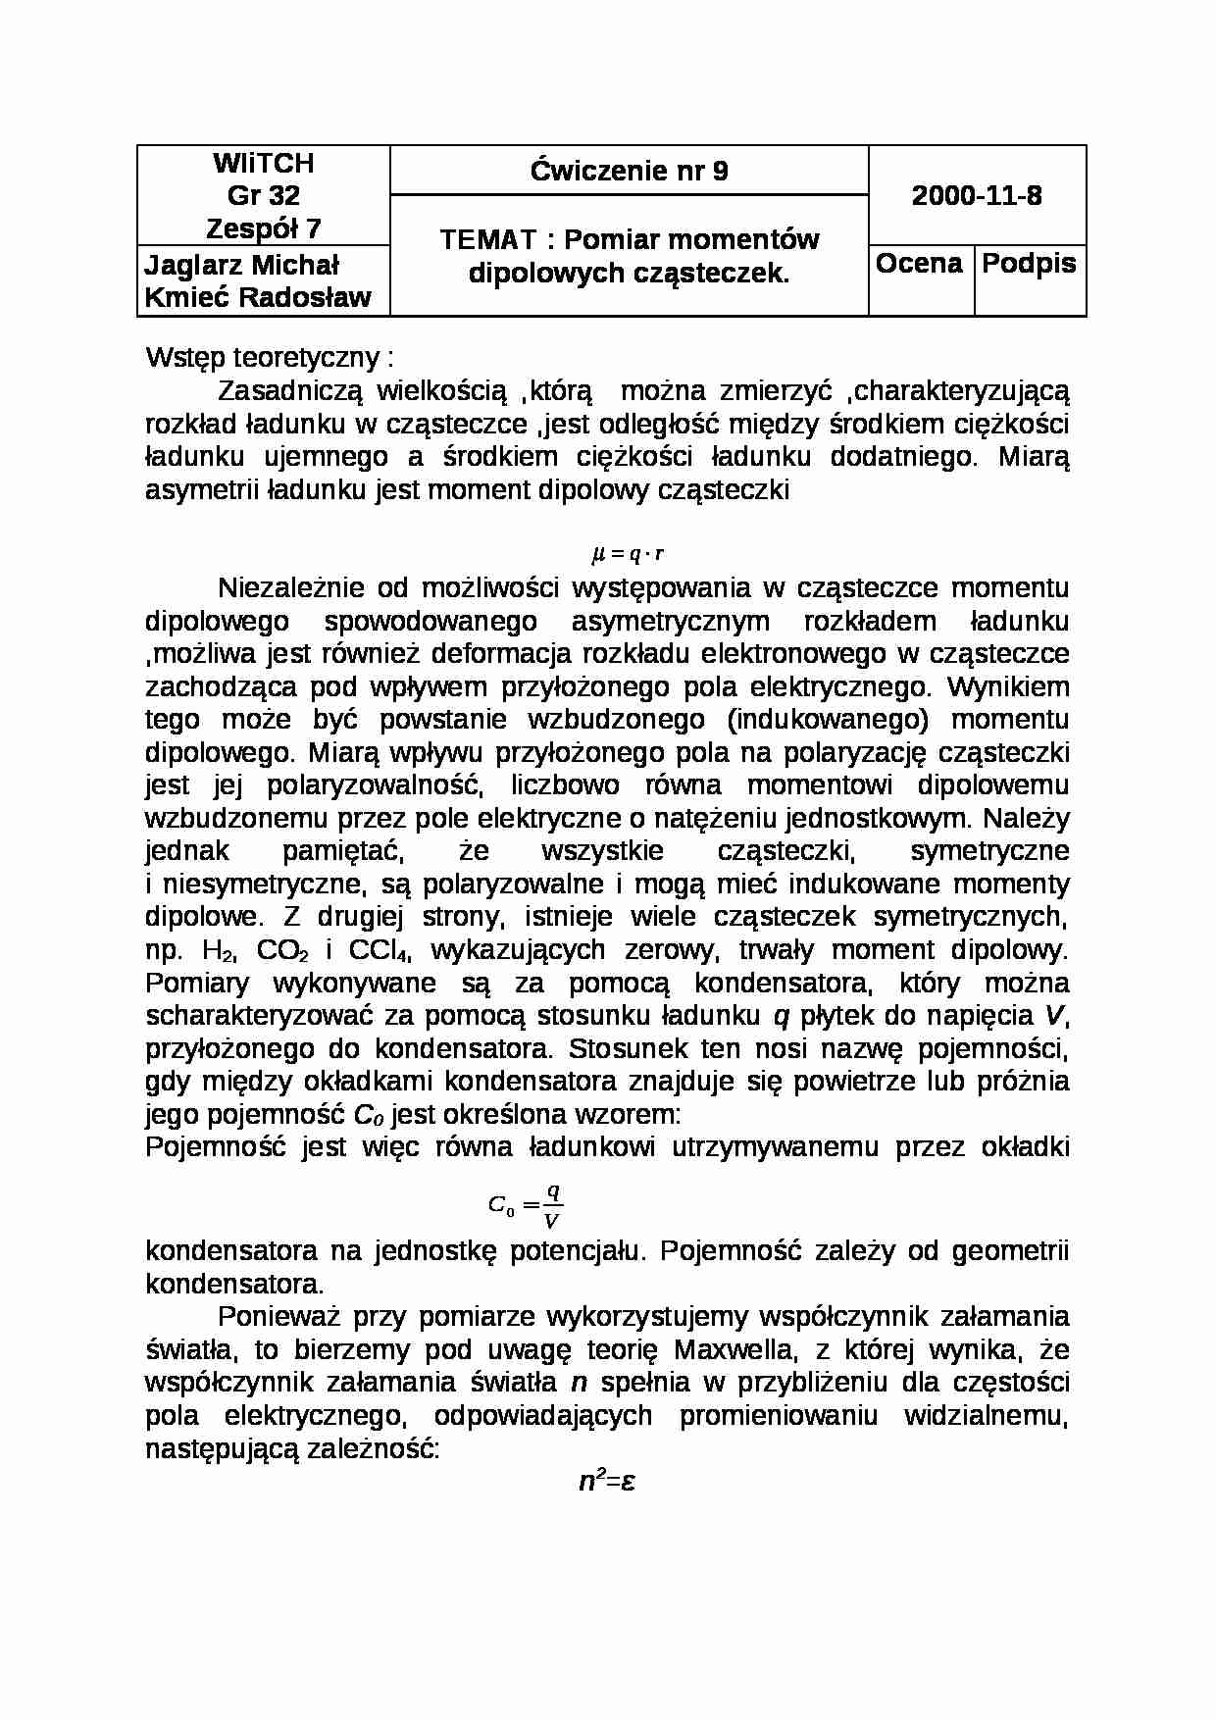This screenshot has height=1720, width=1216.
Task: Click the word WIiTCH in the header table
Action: pyautogui.click(x=263, y=163)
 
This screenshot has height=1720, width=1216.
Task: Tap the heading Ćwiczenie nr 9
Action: pyautogui.click(x=629, y=172)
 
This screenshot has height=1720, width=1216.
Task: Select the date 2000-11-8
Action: pyautogui.click(x=977, y=196)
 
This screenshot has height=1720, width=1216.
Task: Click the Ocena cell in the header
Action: pyautogui.click(x=919, y=264)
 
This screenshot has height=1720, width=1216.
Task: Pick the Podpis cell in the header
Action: pyautogui.click(x=1029, y=264)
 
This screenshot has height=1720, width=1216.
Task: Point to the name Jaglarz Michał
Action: pyautogui.click(x=241, y=265)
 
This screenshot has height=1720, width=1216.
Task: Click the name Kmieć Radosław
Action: pyautogui.click(x=258, y=298)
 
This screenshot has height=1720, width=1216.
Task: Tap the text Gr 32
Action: pyautogui.click(x=263, y=195)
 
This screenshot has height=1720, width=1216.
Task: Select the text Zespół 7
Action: pyautogui.click(x=263, y=228)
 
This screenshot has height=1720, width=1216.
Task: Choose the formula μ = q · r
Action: pyautogui.click(x=628, y=554)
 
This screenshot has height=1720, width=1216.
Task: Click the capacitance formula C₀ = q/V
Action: pyautogui.click(x=526, y=1205)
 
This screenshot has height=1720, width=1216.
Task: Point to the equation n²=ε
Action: pyautogui.click(x=607, y=1481)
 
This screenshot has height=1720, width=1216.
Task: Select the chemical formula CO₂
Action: pyautogui.click(x=282, y=950)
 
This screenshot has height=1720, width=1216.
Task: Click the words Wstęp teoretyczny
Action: pyautogui.click(x=263, y=358)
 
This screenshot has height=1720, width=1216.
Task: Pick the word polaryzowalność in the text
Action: pyautogui.click(x=373, y=785)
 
